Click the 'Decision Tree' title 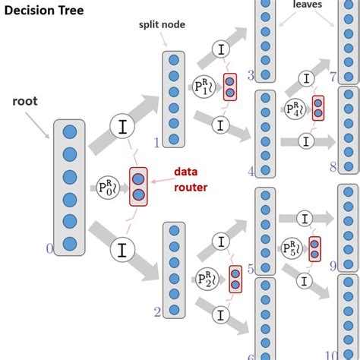[x=44, y=11]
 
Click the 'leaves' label [x=307, y=5]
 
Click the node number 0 [x=49, y=248]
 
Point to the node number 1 [x=157, y=142]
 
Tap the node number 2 [x=157, y=312]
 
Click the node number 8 [x=333, y=167]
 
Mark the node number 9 [x=333, y=266]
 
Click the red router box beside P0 [x=138, y=187]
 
